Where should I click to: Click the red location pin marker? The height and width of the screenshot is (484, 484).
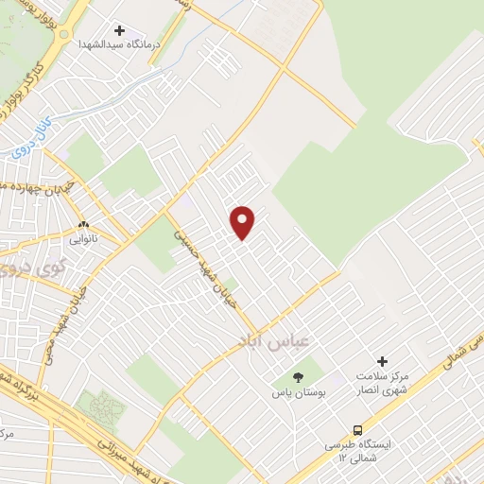[244, 221]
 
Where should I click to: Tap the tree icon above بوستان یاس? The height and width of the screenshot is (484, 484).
[299, 375]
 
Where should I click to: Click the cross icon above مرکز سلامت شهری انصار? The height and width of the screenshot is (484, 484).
[382, 361]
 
